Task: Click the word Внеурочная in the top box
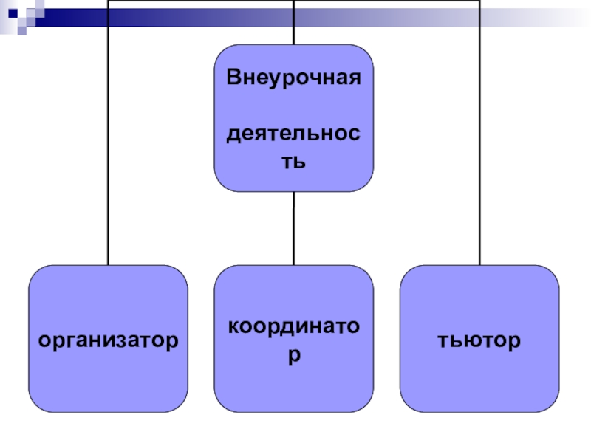[293, 78]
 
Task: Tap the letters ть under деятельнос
[293, 161]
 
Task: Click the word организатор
[108, 340]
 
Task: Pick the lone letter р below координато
[293, 355]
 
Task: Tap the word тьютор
[479, 340]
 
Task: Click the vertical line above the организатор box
[108, 148]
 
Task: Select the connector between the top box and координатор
[293, 229]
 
